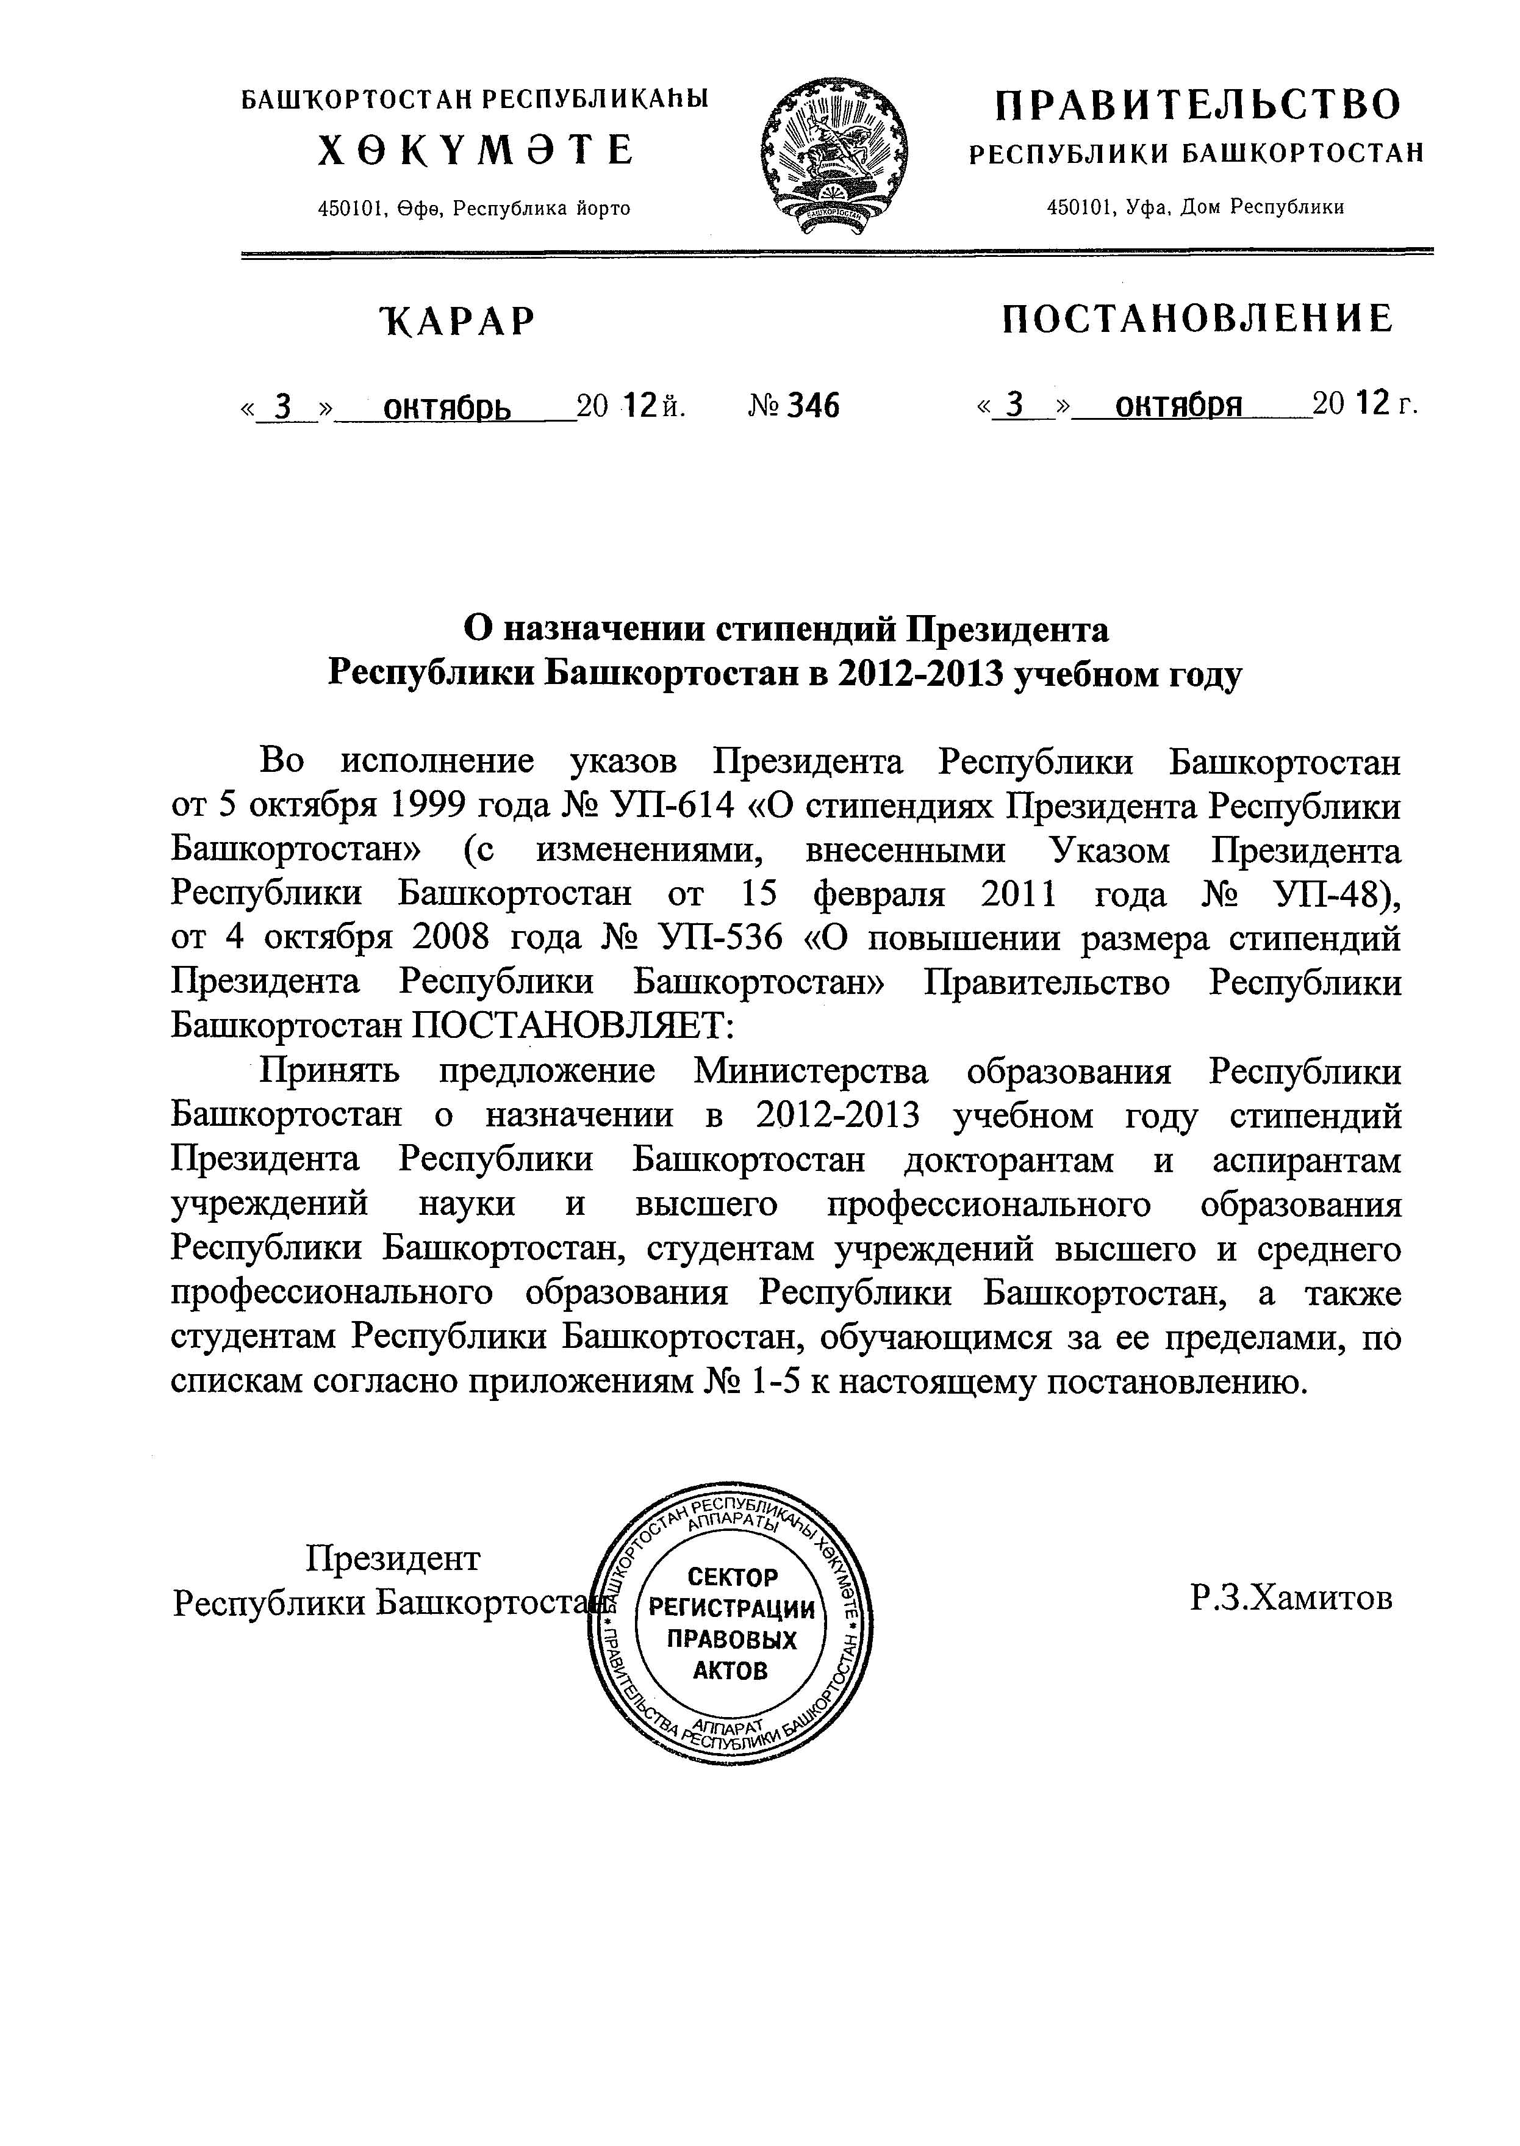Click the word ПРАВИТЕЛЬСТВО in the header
point(1197,103)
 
